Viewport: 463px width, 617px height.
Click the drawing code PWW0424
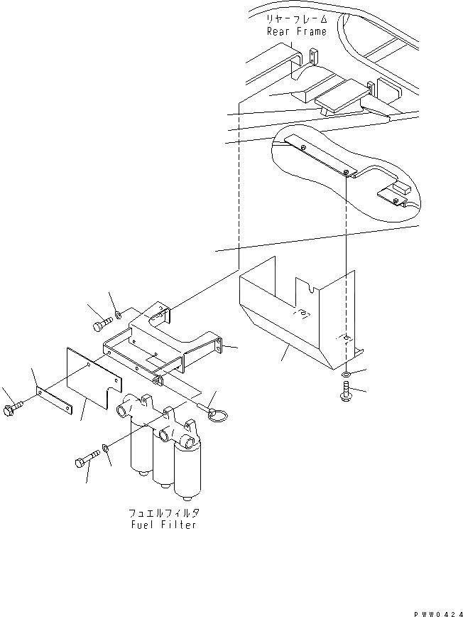tap(435, 611)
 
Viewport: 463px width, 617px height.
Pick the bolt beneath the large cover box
tap(345, 392)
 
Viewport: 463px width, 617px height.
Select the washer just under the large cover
tap(344, 374)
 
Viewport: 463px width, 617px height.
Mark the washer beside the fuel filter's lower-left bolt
tap(104, 449)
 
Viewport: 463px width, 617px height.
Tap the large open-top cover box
tap(291, 313)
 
